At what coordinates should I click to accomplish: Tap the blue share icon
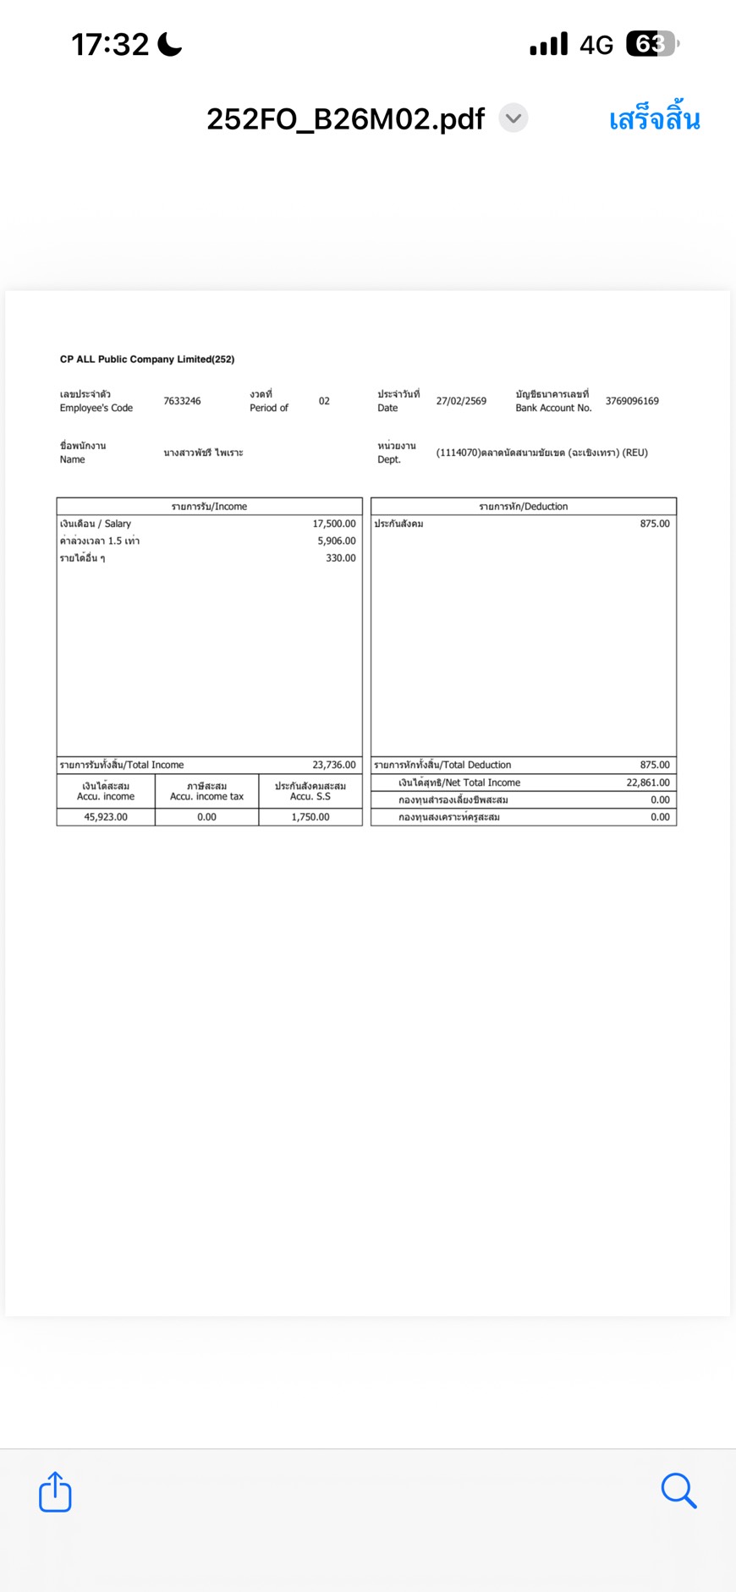(55, 1491)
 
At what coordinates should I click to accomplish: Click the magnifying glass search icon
(678, 1490)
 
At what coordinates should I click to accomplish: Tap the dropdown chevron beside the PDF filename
(513, 118)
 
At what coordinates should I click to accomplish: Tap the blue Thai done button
(654, 119)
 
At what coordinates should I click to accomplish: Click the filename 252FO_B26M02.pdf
(345, 119)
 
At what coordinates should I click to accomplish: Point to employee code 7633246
(182, 401)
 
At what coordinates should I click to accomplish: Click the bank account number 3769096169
(632, 401)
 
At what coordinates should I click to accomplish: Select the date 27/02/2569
(461, 401)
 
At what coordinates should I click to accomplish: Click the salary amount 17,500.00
(334, 524)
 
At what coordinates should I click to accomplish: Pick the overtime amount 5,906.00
(337, 541)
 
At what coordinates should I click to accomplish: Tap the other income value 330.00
(341, 558)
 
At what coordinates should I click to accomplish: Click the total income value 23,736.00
(334, 765)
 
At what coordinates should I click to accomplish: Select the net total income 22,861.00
(648, 782)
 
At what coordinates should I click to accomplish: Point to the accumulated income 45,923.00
(106, 817)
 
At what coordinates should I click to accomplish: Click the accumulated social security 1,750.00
(310, 817)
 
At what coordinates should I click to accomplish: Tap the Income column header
(209, 507)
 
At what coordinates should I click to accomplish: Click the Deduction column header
(524, 507)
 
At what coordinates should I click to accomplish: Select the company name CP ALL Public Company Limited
(147, 360)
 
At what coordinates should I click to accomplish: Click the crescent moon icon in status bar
(170, 44)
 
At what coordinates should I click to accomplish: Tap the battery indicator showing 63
(651, 44)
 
